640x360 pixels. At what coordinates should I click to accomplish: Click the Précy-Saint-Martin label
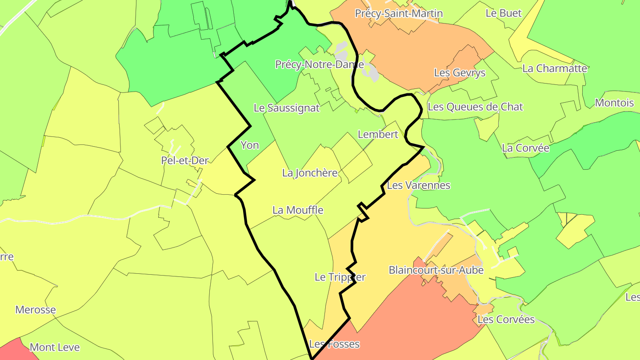(x=399, y=13)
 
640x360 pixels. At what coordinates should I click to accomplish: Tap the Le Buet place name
(x=504, y=13)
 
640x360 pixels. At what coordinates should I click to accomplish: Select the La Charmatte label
(x=555, y=68)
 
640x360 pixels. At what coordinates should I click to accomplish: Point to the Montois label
(x=614, y=103)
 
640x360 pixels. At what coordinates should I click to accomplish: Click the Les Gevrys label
(x=460, y=72)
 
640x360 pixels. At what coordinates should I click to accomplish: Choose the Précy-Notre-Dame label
(x=320, y=64)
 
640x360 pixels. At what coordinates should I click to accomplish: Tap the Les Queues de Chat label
(x=475, y=107)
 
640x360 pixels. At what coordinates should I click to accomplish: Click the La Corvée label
(x=525, y=148)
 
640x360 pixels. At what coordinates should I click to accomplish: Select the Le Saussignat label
(x=287, y=108)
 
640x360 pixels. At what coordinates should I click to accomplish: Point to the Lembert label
(x=378, y=134)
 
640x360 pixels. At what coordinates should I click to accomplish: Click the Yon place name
(x=249, y=145)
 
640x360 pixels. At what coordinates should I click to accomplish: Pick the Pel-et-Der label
(x=185, y=160)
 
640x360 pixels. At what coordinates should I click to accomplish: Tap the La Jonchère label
(x=310, y=173)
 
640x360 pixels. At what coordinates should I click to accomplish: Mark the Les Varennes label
(x=419, y=185)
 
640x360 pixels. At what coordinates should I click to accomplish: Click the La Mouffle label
(x=298, y=210)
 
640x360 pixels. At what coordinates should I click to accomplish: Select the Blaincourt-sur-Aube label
(x=436, y=270)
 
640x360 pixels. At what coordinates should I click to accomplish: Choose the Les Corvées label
(x=506, y=320)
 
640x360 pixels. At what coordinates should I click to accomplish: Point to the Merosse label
(x=36, y=310)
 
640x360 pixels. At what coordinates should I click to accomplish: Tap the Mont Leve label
(x=55, y=347)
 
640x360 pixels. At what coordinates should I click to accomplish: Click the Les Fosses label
(x=334, y=344)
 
